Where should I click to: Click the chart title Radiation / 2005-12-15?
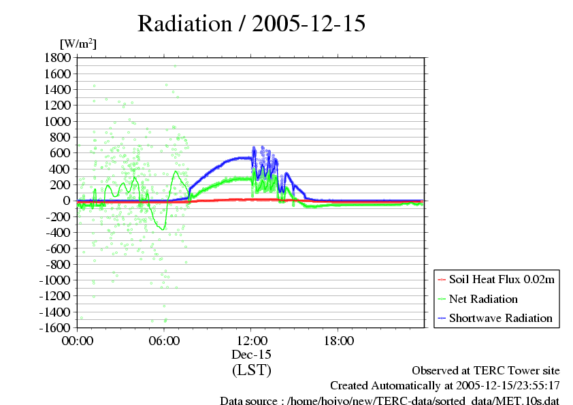click(252, 24)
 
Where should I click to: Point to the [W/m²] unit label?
click(78, 44)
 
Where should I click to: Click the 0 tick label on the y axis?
click(67, 201)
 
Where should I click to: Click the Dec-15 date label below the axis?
click(251, 355)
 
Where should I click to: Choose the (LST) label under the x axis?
click(251, 370)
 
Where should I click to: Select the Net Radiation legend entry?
click(483, 299)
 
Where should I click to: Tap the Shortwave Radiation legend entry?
click(500, 318)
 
